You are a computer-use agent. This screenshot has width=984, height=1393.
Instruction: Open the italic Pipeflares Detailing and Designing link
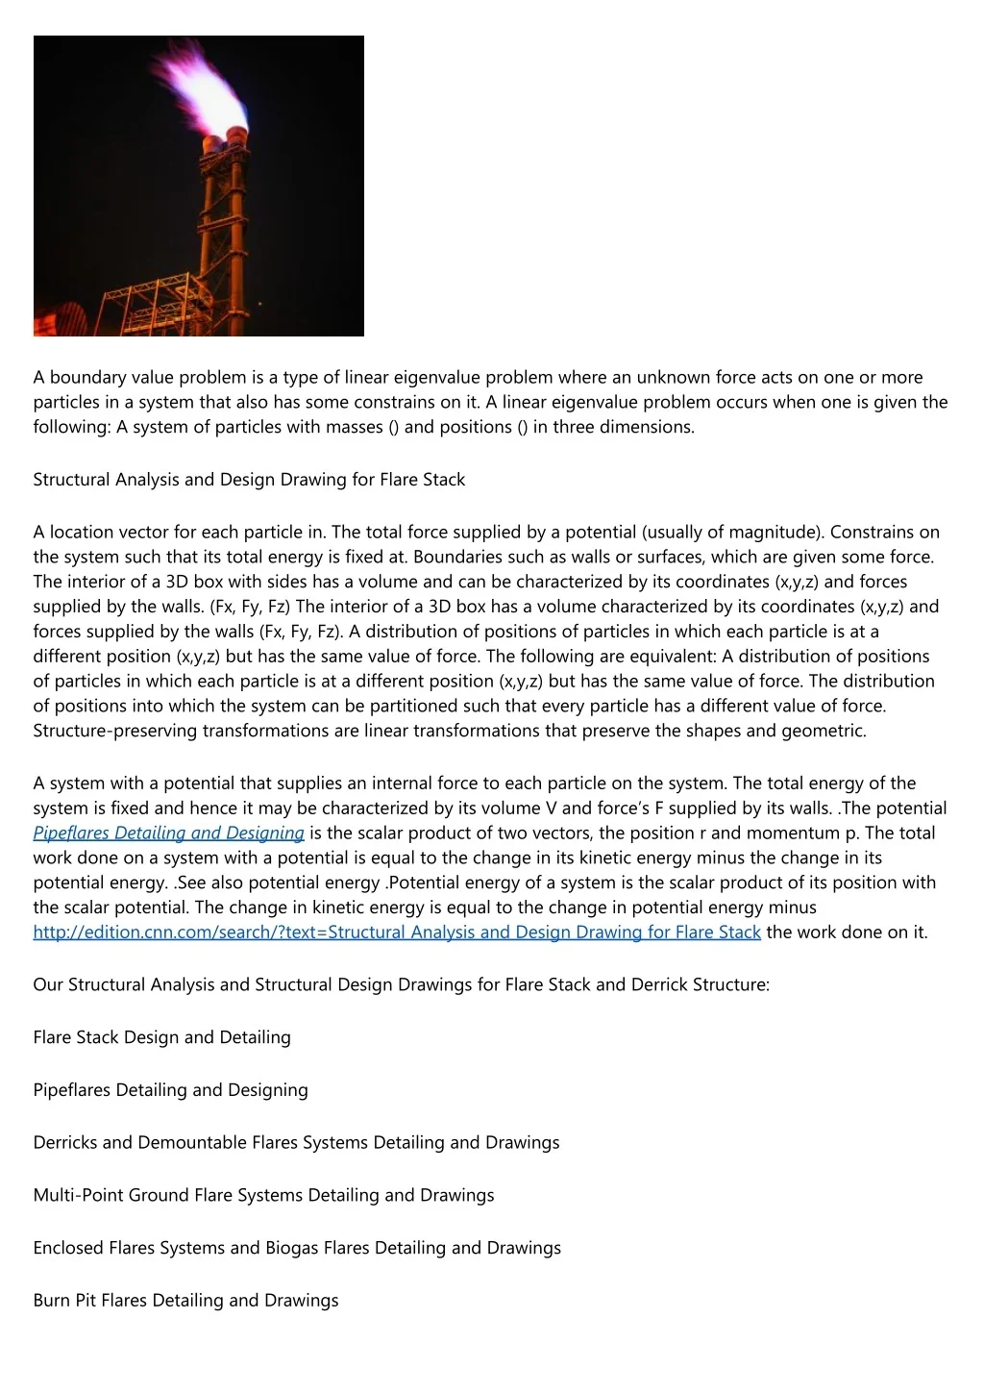click(168, 833)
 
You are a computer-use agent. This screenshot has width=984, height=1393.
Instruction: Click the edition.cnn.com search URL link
click(396, 933)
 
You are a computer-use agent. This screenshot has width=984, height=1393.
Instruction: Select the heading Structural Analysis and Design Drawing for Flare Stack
click(249, 480)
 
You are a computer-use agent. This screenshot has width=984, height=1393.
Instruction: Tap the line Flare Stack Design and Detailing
click(161, 1038)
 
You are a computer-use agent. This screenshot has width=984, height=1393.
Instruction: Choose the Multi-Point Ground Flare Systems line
click(263, 1196)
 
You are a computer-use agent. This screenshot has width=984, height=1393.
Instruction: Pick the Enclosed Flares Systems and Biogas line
click(297, 1249)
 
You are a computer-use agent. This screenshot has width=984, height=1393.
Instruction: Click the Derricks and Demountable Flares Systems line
click(296, 1143)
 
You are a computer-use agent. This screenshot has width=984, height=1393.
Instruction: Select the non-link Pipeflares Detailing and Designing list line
click(170, 1091)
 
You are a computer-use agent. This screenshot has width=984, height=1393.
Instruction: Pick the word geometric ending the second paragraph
click(823, 732)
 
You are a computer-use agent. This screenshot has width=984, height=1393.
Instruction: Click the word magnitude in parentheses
click(774, 533)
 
